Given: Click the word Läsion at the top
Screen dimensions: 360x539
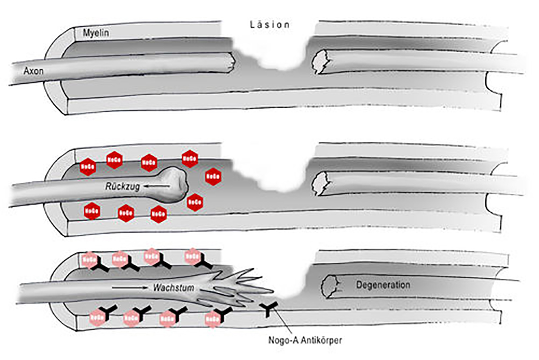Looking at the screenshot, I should pos(269,25).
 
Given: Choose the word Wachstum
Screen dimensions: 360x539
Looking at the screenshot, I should pos(172,287).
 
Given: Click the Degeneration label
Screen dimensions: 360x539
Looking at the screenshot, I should pos(383,285).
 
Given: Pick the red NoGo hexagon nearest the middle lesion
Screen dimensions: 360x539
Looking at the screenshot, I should pos(212,177).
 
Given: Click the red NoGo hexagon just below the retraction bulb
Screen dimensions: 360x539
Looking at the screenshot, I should pos(194,202).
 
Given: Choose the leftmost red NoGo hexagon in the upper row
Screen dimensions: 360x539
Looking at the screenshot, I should pos(88,167).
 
